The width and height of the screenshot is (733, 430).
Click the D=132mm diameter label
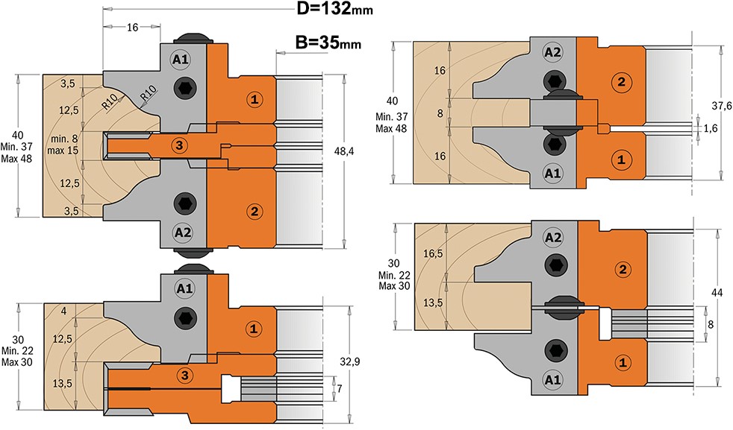tap(334, 8)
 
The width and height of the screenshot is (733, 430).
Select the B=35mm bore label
tap(328, 42)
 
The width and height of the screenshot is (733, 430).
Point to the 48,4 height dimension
tap(344, 151)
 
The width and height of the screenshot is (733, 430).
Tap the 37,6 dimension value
tap(722, 106)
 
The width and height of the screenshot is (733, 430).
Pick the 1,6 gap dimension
tap(711, 128)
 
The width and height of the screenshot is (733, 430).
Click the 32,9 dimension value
tap(349, 362)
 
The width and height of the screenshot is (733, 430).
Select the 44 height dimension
tap(717, 293)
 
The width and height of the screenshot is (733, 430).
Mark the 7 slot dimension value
tap(340, 388)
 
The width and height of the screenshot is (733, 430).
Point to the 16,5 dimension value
tap(433, 253)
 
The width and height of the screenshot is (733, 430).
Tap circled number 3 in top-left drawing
tap(179, 145)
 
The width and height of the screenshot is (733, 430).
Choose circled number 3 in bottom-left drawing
tap(185, 375)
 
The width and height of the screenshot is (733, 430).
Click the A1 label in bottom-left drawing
tap(184, 288)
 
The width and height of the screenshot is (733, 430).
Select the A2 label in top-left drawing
tap(183, 232)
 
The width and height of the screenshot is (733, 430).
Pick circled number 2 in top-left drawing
tap(255, 212)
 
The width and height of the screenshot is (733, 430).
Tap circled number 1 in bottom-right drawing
tap(623, 362)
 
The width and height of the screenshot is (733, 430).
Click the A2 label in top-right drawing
tap(552, 52)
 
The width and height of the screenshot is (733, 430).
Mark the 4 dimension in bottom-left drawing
tap(63, 311)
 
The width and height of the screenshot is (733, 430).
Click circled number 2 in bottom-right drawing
tap(623, 269)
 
